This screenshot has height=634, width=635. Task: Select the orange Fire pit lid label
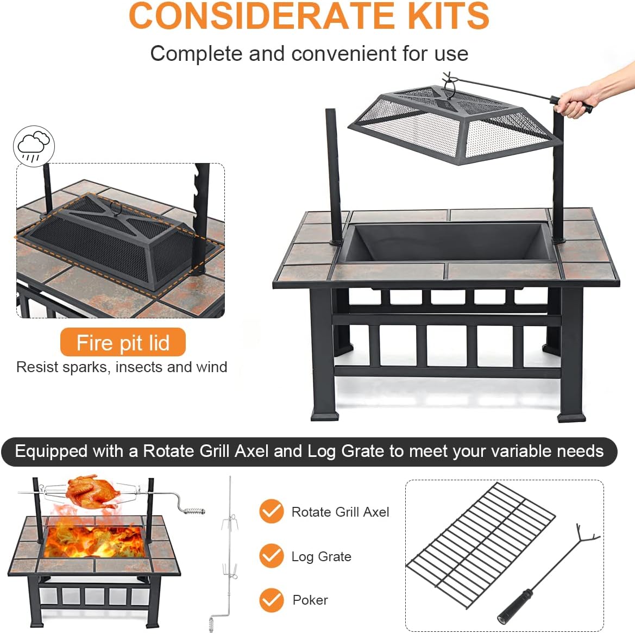[x=123, y=343]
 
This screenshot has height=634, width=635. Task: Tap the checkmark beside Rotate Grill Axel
[x=271, y=511]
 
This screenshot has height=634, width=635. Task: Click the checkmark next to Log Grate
[x=271, y=556]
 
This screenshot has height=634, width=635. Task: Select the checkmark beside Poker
[x=271, y=600]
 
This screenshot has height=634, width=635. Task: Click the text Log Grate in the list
[x=321, y=556]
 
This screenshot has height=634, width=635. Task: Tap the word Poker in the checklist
[x=310, y=600]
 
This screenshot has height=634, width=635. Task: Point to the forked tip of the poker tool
[x=586, y=535]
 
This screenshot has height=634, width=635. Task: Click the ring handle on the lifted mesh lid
[x=449, y=87]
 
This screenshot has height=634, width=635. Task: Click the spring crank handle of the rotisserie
[x=194, y=511]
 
